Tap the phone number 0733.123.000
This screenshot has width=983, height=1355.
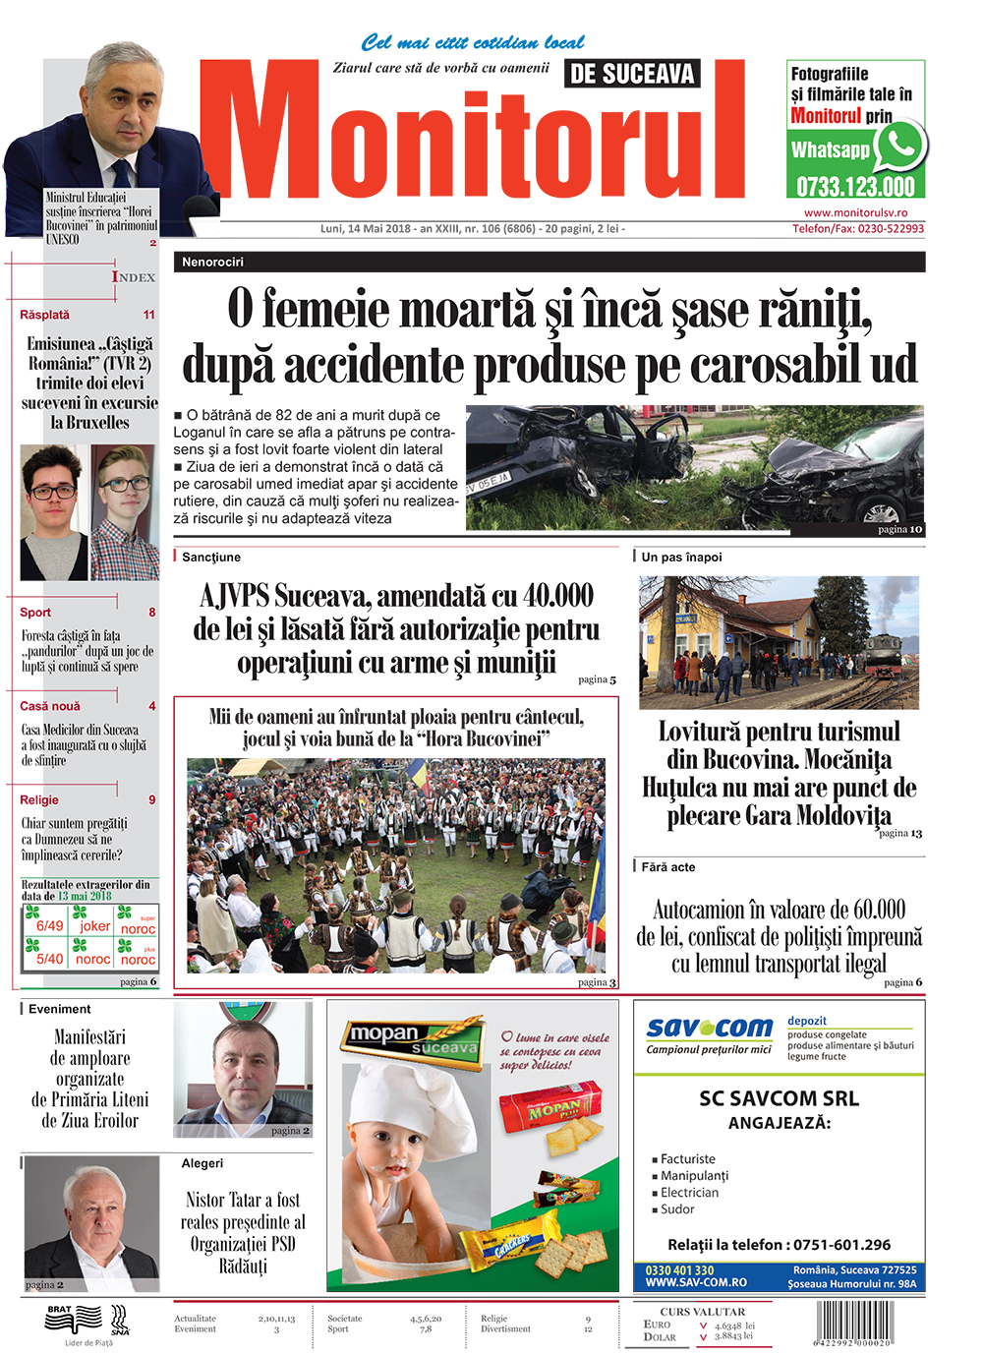(x=855, y=187)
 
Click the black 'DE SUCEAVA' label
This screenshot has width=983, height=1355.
(x=632, y=74)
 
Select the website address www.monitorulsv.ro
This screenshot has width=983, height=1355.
(x=855, y=212)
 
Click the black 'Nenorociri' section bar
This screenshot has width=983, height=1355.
(x=549, y=262)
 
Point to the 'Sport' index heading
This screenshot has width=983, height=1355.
(x=35, y=612)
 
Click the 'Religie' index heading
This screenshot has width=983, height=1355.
(x=39, y=799)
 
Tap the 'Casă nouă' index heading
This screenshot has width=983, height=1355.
(x=50, y=706)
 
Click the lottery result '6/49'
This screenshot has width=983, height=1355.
(x=49, y=925)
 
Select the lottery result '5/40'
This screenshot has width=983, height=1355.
(x=49, y=959)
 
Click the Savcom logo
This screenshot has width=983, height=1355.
(x=710, y=1029)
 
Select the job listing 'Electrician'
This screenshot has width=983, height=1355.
(x=689, y=1193)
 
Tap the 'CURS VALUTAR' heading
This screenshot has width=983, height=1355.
(x=702, y=1312)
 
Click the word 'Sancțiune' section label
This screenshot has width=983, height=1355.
(x=211, y=557)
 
